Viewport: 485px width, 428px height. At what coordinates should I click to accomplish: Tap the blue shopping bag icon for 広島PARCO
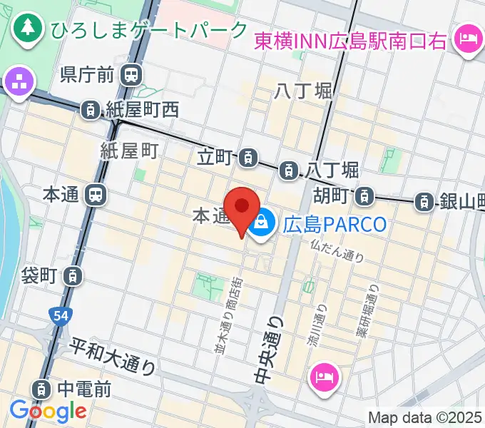[x=262, y=224]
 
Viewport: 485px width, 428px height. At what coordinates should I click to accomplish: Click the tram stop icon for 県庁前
[x=131, y=73]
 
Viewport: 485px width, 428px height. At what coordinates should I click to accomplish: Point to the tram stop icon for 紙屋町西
[x=91, y=110]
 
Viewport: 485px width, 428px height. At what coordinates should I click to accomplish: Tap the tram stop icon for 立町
[x=248, y=156]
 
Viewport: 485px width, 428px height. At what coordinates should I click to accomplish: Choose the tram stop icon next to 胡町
[x=365, y=194]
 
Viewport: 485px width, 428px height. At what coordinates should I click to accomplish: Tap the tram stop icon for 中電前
[x=42, y=389]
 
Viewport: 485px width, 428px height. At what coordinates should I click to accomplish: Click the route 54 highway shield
[x=60, y=314]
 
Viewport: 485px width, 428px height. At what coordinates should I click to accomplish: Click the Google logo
[x=48, y=410]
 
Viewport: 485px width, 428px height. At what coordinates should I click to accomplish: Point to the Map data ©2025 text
[x=425, y=417]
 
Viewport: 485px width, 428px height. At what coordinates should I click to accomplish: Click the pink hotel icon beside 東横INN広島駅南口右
[x=467, y=35]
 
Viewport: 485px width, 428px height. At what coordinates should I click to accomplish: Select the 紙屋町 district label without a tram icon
[x=128, y=151]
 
